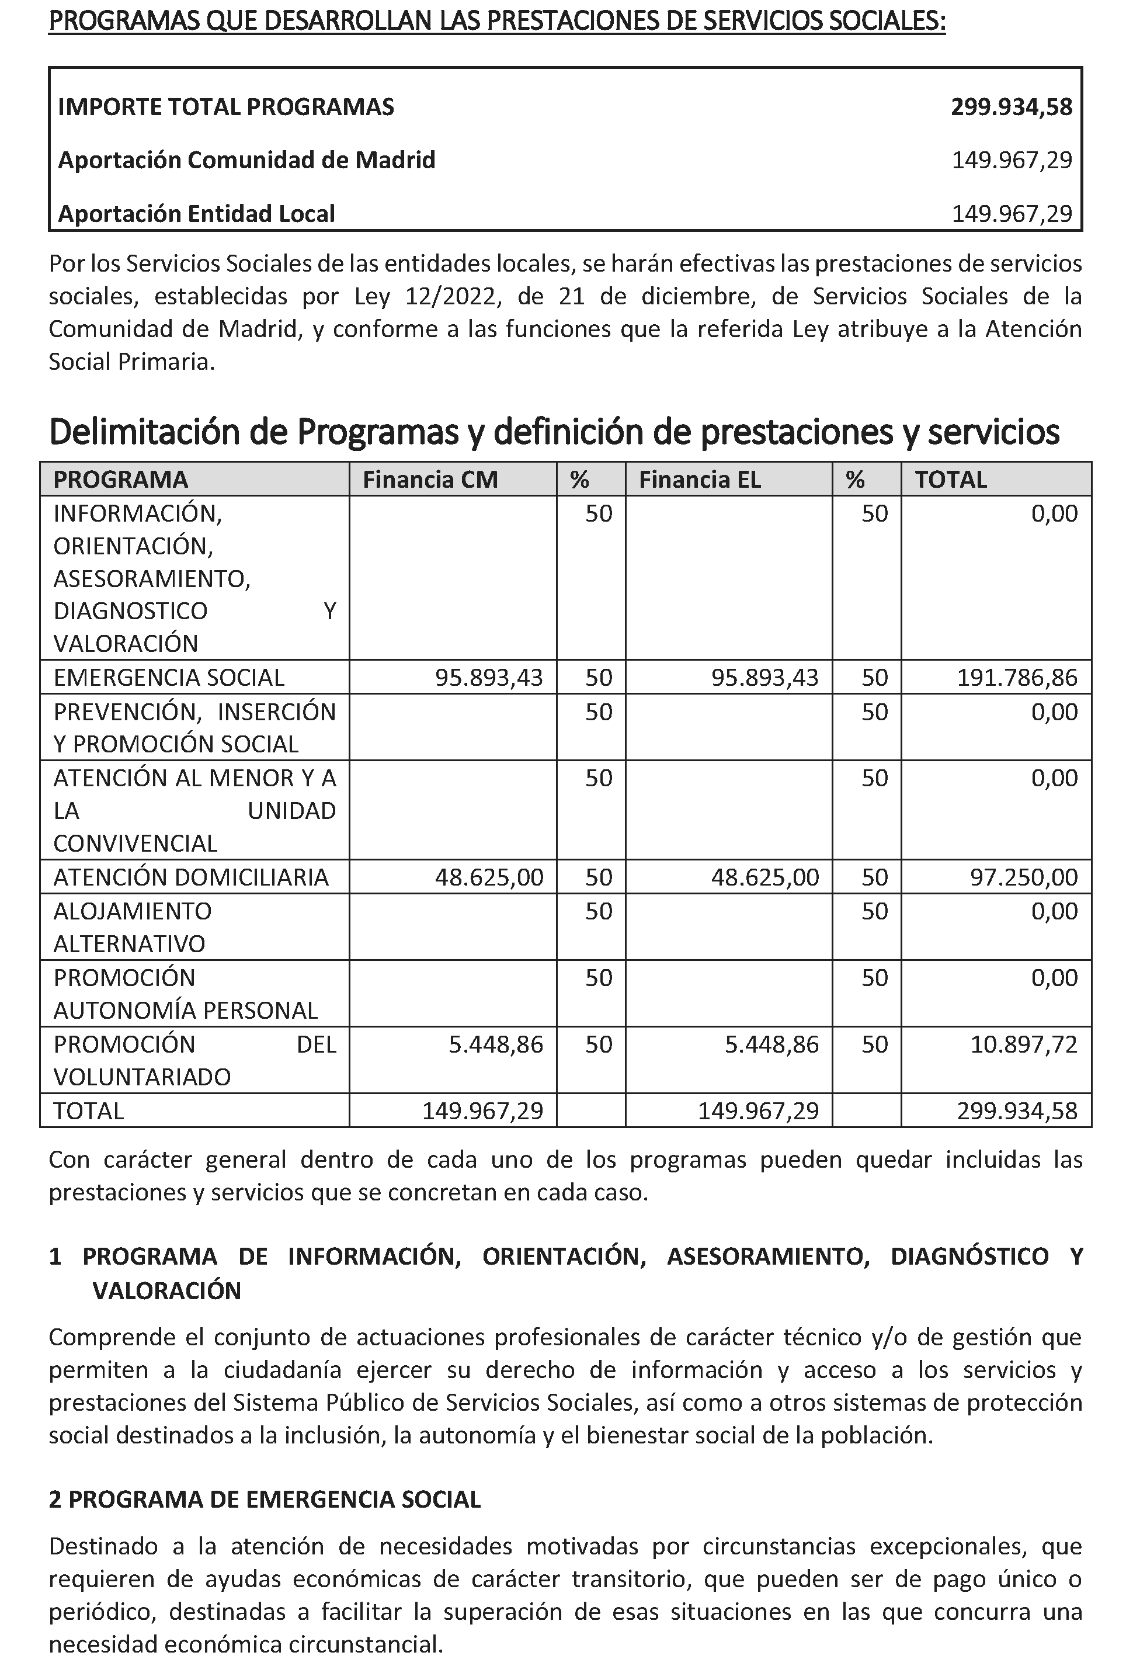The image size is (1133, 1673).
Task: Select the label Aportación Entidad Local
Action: pos(196,214)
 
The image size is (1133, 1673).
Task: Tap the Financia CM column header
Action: pos(430,480)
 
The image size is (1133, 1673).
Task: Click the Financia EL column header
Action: pos(699,480)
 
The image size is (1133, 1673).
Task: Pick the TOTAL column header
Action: pos(950,480)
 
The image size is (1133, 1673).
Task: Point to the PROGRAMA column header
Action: pos(120,480)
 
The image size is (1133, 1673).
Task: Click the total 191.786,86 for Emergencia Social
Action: pos(1016,678)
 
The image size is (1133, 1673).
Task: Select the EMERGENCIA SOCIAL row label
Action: pos(168,678)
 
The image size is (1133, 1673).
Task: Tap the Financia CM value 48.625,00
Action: pos(489,877)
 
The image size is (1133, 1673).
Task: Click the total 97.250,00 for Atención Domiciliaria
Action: pos(1024,877)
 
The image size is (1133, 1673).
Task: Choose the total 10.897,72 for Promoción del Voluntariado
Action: pos(1024,1044)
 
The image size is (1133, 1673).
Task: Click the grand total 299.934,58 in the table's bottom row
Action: pos(1016,1111)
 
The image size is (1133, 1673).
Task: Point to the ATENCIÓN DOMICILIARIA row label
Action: pos(191,877)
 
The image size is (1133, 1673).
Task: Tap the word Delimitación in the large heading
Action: pos(144,432)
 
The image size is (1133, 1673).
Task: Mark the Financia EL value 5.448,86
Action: pos(771,1044)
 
